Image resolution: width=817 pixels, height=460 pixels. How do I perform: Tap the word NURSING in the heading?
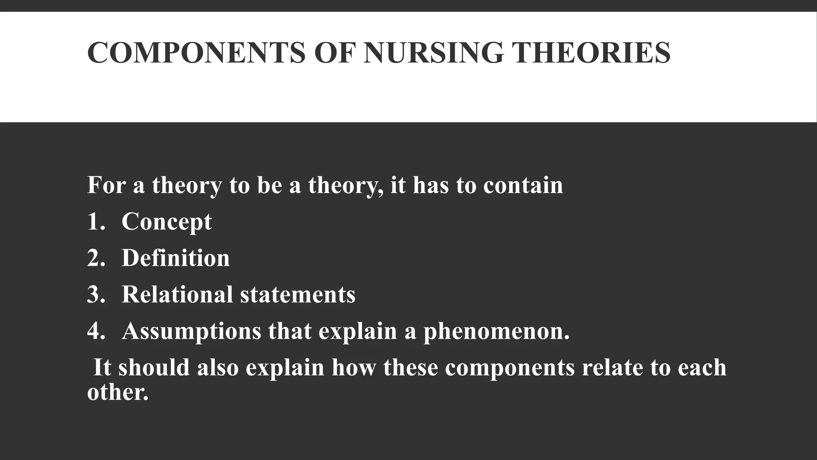[x=433, y=53]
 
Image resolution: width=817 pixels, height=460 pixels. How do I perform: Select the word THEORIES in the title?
[x=591, y=53]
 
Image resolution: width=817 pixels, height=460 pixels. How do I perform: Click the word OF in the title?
[x=334, y=53]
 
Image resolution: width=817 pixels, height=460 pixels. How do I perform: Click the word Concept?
[x=166, y=222]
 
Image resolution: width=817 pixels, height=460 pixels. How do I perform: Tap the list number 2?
[x=96, y=258]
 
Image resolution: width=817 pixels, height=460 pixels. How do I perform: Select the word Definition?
[x=176, y=258]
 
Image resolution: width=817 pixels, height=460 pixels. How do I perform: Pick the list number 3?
[x=96, y=295]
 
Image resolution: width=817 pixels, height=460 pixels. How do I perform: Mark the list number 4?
[x=96, y=331]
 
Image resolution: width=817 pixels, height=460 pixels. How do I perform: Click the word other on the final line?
[x=117, y=392]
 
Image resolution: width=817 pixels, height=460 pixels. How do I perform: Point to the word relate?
[x=612, y=368]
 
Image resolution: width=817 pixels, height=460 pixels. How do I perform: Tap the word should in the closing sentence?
[x=154, y=368]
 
